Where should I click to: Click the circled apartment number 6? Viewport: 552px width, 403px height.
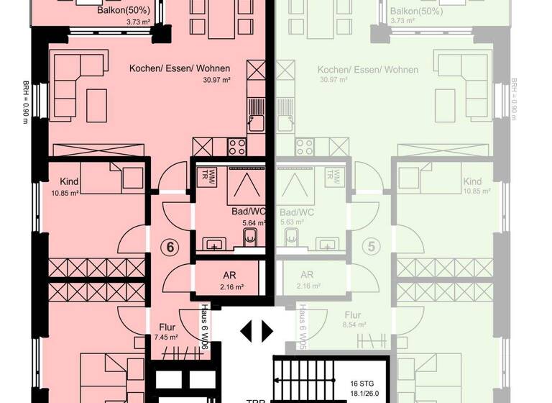coord(171,247)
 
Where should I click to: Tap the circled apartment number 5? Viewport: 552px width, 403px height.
coord(372,247)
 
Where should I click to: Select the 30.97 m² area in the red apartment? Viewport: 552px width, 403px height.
coord(216,81)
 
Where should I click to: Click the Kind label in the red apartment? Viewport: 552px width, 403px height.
coord(70,182)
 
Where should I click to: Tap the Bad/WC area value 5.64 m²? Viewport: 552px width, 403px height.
coord(253,222)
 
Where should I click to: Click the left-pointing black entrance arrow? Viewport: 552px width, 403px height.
coord(247,331)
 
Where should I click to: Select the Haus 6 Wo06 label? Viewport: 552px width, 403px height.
coord(205,327)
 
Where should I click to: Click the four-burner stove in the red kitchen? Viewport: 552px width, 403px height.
coord(237,146)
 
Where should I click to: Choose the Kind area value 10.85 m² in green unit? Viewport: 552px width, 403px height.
coord(477,192)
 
